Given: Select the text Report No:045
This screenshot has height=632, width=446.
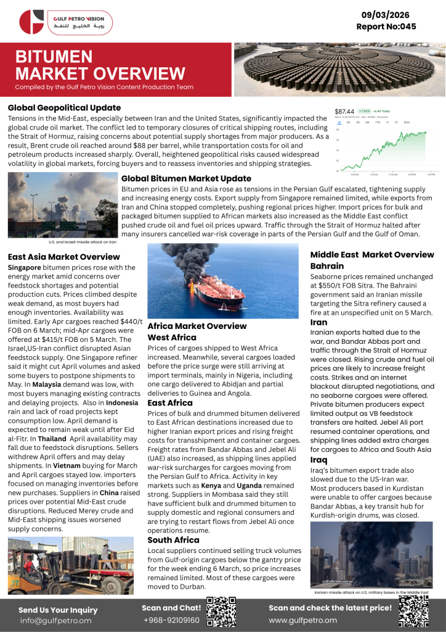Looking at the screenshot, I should [386, 27].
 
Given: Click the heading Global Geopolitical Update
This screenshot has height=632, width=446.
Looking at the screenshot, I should [64, 107].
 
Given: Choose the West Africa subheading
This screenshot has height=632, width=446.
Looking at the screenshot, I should [172, 337].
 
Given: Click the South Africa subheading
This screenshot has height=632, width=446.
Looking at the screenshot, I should [173, 539].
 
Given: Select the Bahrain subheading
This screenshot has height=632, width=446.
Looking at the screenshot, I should [326, 266].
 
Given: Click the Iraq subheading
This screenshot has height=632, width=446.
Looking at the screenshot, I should [318, 460].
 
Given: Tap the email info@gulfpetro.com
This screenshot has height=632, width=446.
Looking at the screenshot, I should [55, 620].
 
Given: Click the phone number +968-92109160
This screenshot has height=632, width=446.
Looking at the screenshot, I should [171, 620].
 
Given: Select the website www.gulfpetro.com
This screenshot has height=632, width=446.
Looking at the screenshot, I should [302, 620].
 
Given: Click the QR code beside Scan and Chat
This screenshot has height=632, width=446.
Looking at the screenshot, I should [221, 612].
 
